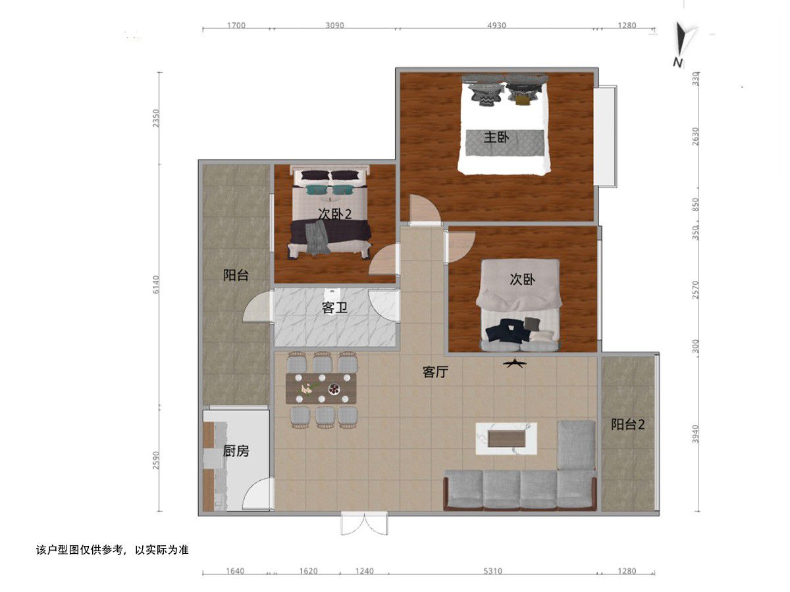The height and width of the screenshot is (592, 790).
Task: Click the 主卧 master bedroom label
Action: (x=496, y=137)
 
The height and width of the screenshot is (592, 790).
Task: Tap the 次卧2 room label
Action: (x=334, y=214)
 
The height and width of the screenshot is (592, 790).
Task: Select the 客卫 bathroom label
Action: (x=334, y=308)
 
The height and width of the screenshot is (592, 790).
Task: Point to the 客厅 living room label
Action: (x=435, y=372)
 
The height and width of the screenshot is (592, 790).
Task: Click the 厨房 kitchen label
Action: (x=236, y=451)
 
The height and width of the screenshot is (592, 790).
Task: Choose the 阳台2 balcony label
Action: (x=627, y=425)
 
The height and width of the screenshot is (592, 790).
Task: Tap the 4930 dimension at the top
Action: (x=496, y=25)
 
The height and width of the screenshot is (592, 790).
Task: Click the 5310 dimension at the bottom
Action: (x=492, y=572)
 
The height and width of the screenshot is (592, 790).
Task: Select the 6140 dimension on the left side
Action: (x=155, y=284)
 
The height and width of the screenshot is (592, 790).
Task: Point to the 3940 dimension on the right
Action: (x=695, y=434)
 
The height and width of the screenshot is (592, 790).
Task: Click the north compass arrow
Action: (x=681, y=39)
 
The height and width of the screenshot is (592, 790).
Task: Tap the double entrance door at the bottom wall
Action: (x=365, y=524)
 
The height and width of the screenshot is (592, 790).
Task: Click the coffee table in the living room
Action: (x=506, y=439)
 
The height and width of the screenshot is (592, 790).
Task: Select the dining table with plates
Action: (x=321, y=388)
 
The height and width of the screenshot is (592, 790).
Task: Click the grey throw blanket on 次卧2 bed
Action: (x=317, y=237)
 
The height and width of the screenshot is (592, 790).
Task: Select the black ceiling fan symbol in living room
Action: (x=515, y=364)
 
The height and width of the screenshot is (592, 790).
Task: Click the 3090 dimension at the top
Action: (x=334, y=25)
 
